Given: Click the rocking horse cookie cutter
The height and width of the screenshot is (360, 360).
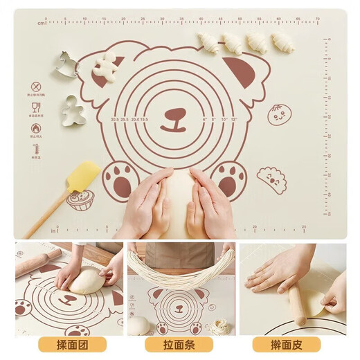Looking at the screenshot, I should (x=67, y=64).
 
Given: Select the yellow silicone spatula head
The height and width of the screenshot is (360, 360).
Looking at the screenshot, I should (x=82, y=175).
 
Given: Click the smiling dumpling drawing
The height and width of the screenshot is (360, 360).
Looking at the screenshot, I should (x=272, y=179).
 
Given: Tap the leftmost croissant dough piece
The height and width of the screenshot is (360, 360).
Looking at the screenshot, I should (x=208, y=42).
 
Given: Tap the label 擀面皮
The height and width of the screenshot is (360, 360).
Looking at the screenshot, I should (x=286, y=344).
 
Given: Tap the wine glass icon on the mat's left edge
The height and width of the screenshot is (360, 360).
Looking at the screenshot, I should (x=35, y=107).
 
